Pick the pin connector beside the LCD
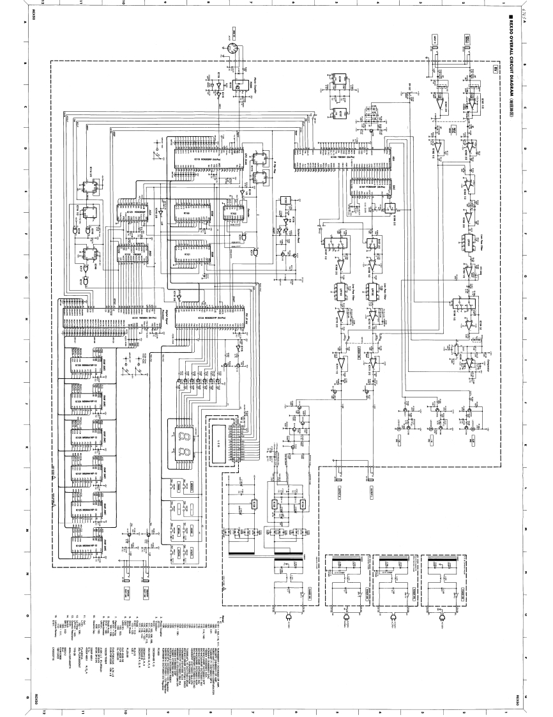coord(243,441)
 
